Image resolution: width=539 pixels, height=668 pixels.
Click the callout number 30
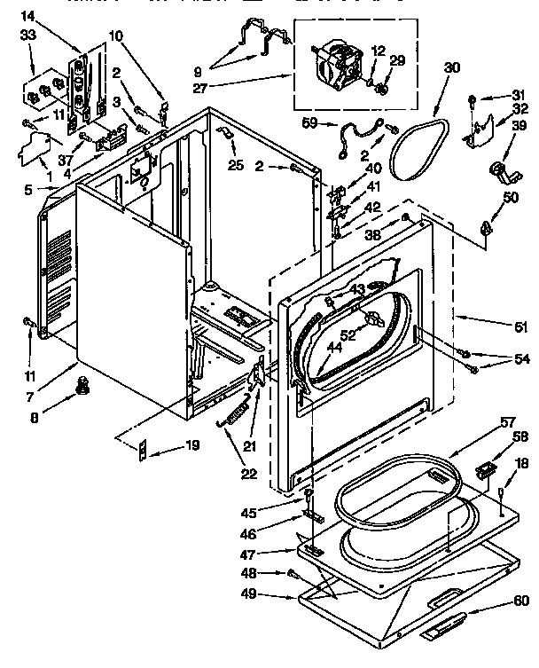pyautogui.click(x=453, y=67)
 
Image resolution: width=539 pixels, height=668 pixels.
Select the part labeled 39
pyautogui.click(x=496, y=169)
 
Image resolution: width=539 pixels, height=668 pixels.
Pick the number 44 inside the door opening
pyautogui.click(x=336, y=348)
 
